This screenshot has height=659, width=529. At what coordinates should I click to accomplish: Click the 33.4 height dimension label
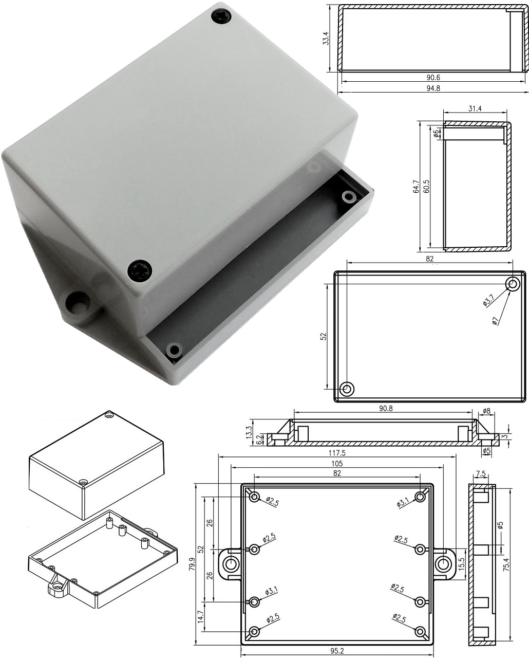(326, 38)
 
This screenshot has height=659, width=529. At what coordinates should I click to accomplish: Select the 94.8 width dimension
(433, 88)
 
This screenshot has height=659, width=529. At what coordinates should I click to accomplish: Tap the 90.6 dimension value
(433, 78)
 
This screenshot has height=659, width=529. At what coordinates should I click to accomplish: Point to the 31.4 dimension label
(475, 108)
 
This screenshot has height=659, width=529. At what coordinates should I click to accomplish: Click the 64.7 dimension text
(416, 186)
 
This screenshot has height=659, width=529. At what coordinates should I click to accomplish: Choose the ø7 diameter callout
(496, 320)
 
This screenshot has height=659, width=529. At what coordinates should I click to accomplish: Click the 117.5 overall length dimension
(336, 452)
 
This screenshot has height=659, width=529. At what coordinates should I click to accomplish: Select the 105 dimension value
(336, 463)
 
